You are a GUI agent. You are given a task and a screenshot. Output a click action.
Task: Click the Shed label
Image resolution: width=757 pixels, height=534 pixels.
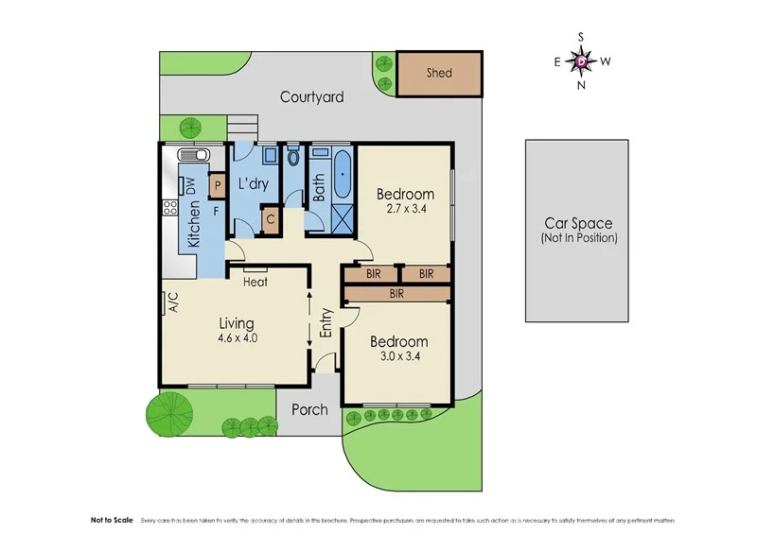439,73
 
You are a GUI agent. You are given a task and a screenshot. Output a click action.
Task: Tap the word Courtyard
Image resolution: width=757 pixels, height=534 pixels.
311,96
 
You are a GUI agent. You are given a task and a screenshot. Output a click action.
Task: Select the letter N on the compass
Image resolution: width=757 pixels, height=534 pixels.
581,85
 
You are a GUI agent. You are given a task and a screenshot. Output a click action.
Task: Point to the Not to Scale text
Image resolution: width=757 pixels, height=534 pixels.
112,521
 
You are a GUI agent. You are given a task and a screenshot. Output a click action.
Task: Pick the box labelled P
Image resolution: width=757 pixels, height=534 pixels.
217,187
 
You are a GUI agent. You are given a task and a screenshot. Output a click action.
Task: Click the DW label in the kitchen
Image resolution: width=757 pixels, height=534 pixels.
190,187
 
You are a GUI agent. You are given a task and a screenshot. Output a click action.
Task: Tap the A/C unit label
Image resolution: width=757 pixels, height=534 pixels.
173,302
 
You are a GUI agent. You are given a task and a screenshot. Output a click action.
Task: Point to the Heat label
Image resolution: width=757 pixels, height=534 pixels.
255,282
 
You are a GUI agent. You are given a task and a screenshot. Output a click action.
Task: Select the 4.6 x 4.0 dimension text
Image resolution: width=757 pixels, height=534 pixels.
237,337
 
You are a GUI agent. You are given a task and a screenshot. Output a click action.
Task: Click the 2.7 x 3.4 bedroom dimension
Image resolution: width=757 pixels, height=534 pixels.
404,211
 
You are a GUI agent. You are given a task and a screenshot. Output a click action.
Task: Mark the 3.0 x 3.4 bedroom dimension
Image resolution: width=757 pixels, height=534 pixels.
398,357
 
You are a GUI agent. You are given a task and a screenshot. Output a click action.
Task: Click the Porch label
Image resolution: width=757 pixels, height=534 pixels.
309,409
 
